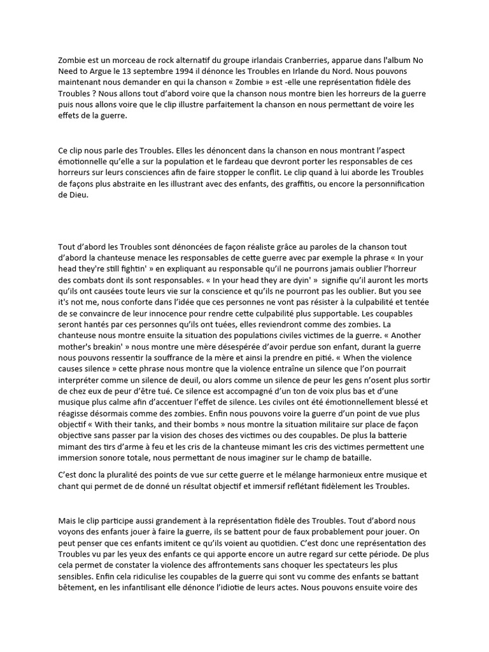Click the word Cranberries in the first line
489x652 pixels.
point(313,60)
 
